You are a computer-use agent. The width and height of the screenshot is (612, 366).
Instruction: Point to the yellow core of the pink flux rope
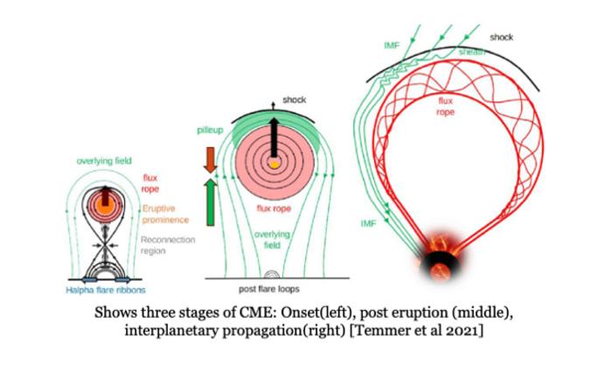point(275,164)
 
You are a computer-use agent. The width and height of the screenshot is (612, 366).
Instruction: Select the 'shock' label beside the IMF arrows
point(501,38)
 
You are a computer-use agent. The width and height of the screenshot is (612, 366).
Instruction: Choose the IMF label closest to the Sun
point(369,224)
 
